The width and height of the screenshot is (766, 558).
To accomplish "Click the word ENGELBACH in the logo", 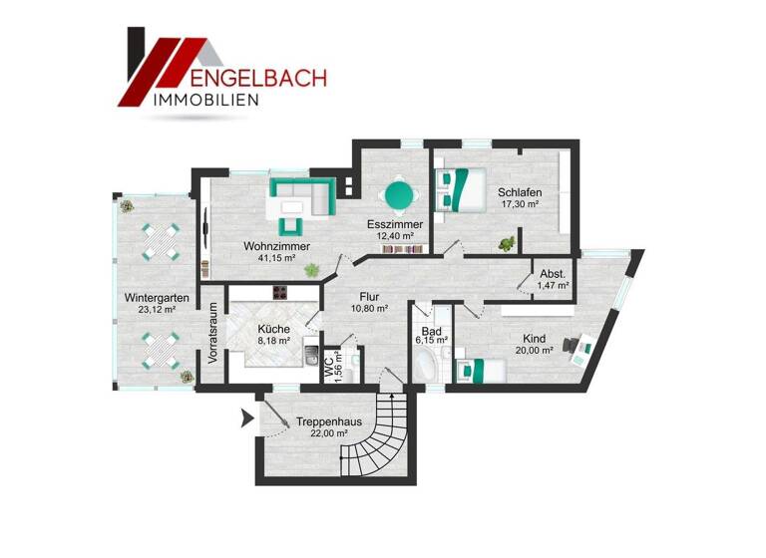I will (x=256, y=76).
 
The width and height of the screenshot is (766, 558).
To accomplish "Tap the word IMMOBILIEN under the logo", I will (x=206, y=100).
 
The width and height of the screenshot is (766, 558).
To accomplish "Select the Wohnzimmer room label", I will (x=276, y=246).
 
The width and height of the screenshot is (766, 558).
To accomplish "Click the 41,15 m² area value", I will (x=276, y=258).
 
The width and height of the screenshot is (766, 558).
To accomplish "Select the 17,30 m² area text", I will (x=520, y=205).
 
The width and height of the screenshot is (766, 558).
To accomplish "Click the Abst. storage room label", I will (x=553, y=274).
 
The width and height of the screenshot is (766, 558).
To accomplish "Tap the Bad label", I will (x=431, y=330).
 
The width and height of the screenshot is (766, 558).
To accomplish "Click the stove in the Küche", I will (x=282, y=293).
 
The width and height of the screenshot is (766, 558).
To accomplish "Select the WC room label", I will (x=327, y=366).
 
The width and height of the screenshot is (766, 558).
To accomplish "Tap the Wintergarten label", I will (x=151, y=298).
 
